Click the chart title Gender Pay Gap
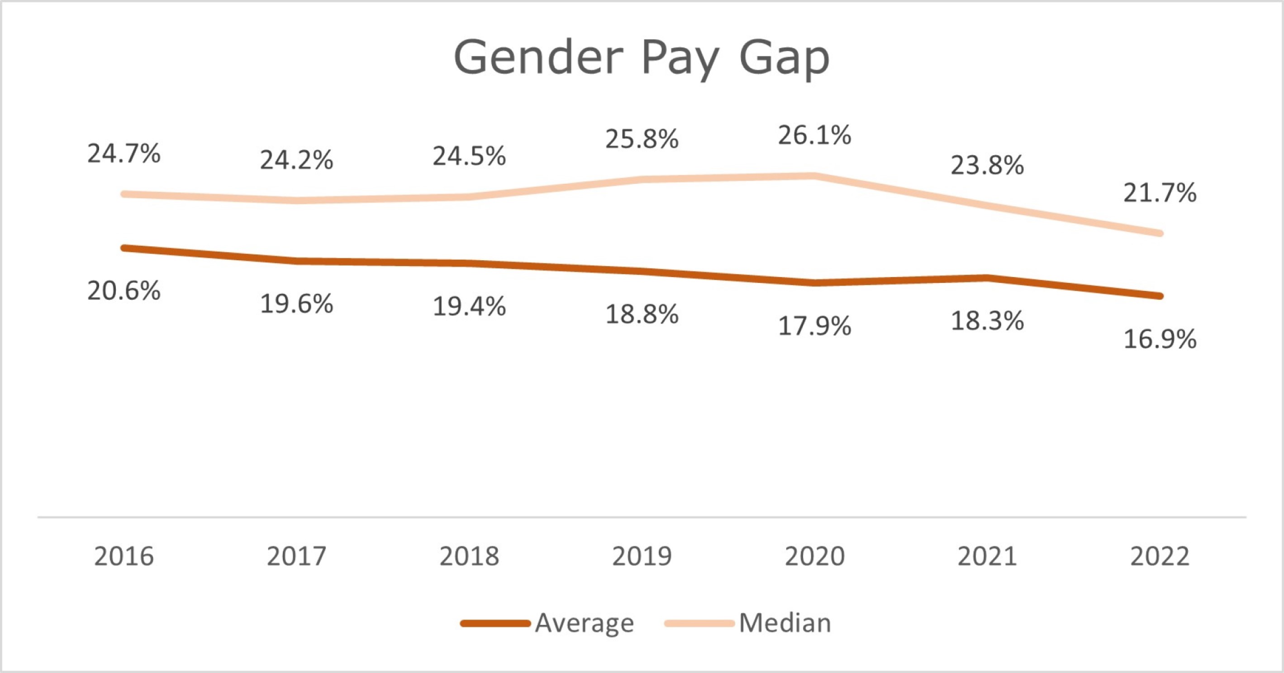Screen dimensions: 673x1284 click(x=642, y=59)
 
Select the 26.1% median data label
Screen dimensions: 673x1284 click(x=814, y=136)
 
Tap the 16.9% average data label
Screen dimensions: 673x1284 click(x=1160, y=339)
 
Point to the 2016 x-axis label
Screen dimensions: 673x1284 click(x=124, y=556)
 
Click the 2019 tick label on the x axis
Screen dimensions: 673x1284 click(x=642, y=556)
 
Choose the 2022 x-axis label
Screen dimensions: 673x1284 click(x=1160, y=556)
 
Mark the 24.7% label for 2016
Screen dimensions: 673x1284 click(x=124, y=153)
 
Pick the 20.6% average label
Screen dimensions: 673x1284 click(x=124, y=291)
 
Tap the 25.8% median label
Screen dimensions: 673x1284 click(x=642, y=139)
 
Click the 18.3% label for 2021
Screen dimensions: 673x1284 click(x=987, y=321)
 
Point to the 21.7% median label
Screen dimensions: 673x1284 click(x=1160, y=193)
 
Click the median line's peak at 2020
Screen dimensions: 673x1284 click(x=813, y=176)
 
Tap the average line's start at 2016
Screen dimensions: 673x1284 click(x=124, y=248)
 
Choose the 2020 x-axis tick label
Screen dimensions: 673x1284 click(x=814, y=556)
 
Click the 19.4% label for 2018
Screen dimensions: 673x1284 click(x=469, y=306)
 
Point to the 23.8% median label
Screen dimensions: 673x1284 click(x=987, y=166)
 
